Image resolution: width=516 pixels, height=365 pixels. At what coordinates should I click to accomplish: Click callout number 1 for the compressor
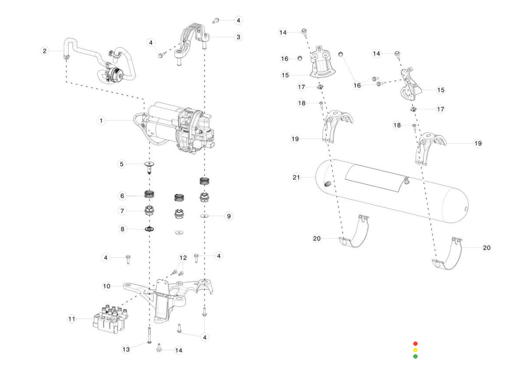click(101, 121)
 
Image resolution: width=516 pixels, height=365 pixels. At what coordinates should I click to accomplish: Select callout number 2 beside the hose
click(44, 51)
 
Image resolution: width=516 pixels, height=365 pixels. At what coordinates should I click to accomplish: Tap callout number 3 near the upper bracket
click(238, 37)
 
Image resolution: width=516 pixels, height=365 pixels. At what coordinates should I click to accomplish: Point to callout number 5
click(122, 164)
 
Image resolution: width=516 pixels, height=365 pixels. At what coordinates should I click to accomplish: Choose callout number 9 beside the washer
click(229, 216)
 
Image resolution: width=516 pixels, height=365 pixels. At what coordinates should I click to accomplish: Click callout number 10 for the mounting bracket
click(107, 286)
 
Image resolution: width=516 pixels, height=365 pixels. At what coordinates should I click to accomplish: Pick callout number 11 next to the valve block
click(72, 319)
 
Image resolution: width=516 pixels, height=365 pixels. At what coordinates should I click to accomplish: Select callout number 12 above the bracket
click(183, 258)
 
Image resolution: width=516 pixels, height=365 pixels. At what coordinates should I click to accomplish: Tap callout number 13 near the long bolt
click(126, 350)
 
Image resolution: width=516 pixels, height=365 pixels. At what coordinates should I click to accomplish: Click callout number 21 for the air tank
click(297, 178)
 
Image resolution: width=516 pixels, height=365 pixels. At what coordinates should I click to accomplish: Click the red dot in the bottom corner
click(415, 344)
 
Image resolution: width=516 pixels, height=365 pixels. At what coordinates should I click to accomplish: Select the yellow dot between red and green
click(415, 350)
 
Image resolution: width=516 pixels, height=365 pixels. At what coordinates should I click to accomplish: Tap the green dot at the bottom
click(415, 356)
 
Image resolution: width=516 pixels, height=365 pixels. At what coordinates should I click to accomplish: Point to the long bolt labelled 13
click(150, 335)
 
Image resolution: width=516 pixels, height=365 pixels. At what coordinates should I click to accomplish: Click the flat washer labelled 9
click(205, 216)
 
